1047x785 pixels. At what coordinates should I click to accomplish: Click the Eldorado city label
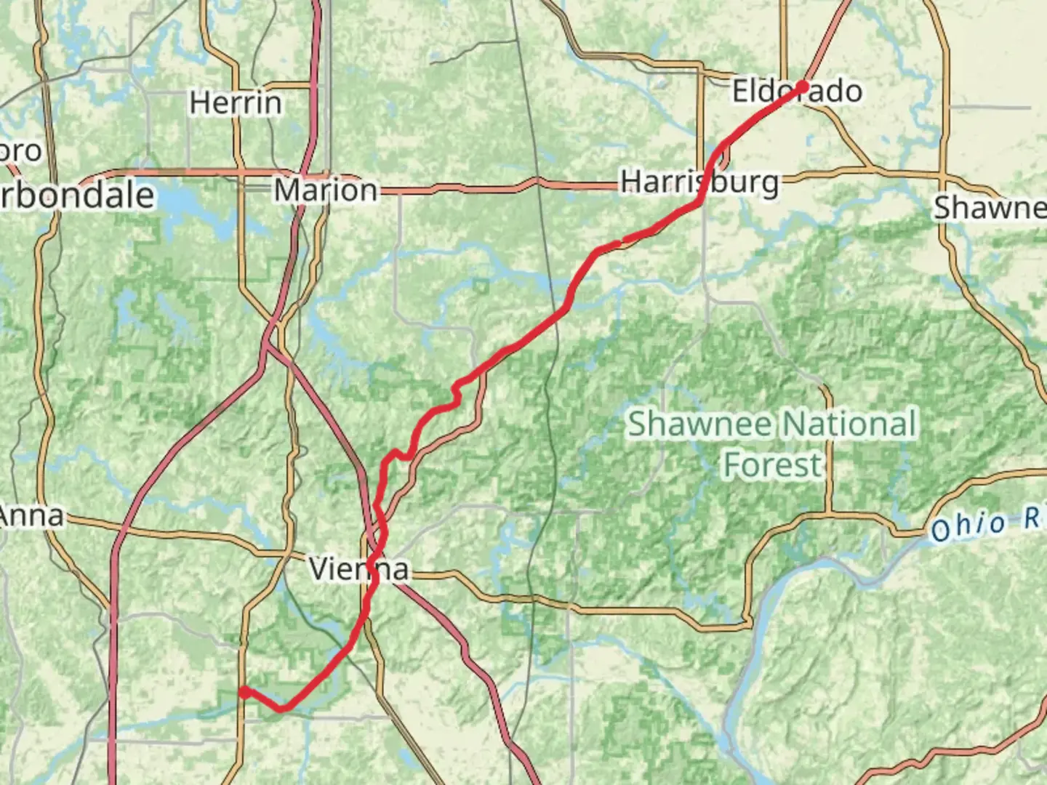coord(797,92)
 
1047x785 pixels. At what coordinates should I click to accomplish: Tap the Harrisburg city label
coord(699,182)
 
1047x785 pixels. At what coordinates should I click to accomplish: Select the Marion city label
coord(326,190)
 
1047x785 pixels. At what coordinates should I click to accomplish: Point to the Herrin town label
coord(236,102)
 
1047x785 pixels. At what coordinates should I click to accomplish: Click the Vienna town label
coord(358,568)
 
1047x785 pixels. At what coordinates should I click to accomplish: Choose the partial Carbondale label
coord(76,196)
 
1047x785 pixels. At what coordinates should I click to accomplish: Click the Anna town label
coord(31,516)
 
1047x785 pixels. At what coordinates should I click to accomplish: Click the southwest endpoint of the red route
coord(244,692)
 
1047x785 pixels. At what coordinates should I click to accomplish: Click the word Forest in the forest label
coord(772,465)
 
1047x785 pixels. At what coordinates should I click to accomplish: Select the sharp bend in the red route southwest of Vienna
coord(282,707)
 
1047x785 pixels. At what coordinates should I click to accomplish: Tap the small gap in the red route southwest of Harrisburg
coord(622,240)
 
